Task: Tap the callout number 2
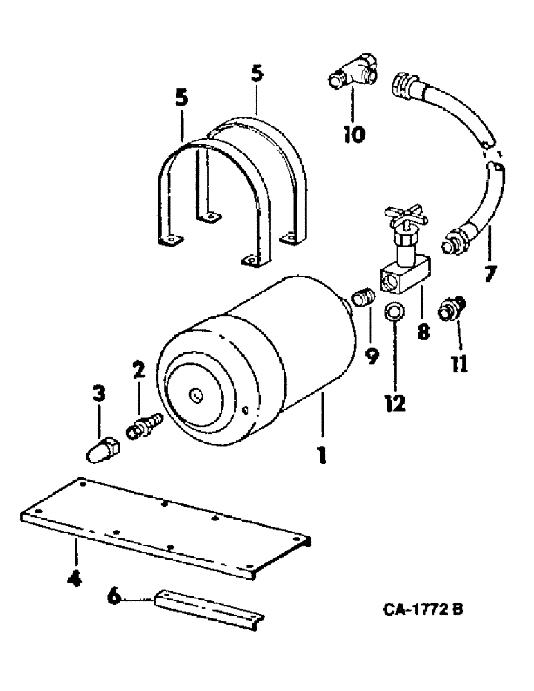point(139,371)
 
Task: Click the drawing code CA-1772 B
point(419,612)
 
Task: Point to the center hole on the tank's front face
point(196,395)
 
